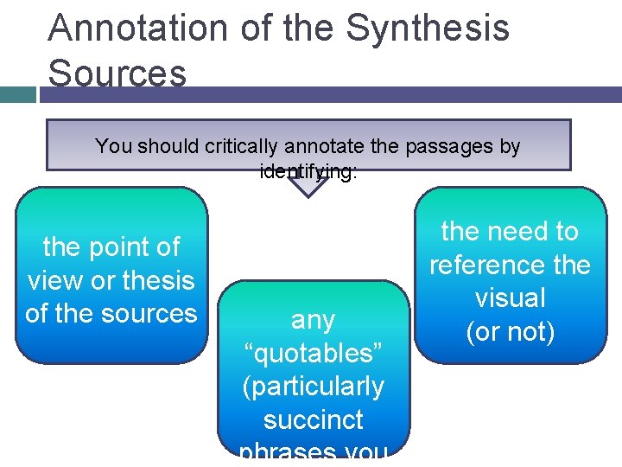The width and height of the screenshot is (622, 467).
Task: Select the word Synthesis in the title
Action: click(x=428, y=28)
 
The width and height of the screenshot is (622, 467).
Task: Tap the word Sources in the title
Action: click(x=117, y=73)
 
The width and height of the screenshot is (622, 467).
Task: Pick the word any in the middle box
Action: click(x=313, y=320)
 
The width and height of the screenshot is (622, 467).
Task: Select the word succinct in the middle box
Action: click(x=313, y=420)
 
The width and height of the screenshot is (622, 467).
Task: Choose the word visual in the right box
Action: click(x=510, y=297)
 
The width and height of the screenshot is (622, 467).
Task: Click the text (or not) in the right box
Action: click(x=510, y=330)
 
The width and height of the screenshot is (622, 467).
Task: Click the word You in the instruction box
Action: click(x=112, y=146)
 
